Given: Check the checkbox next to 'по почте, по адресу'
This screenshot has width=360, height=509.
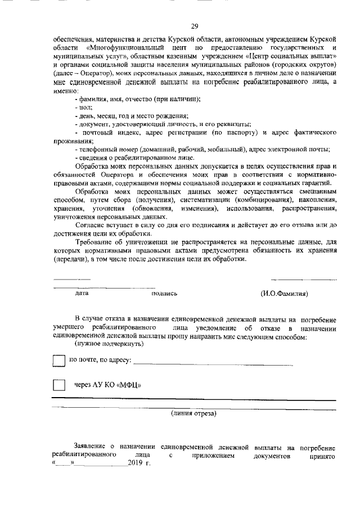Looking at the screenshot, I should click(x=58, y=360).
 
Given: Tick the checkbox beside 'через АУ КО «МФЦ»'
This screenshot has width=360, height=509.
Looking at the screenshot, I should click(x=58, y=385).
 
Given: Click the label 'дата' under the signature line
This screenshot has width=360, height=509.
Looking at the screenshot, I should click(x=82, y=293).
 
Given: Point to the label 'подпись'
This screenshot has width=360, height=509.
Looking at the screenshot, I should click(x=164, y=293).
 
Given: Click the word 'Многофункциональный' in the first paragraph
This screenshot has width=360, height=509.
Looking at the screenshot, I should click(x=123, y=49).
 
